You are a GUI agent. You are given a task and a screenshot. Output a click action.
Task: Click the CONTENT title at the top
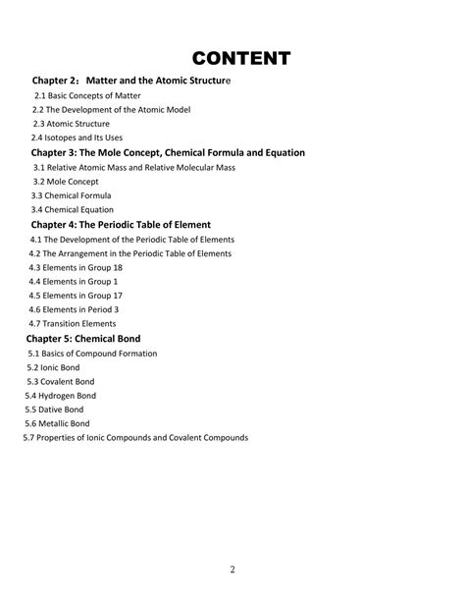coord(240,58)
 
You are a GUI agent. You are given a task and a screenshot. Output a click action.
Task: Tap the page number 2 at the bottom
coord(232,570)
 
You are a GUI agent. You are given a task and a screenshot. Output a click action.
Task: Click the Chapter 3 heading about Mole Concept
coord(168,152)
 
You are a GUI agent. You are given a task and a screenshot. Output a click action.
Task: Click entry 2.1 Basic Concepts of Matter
coord(87,96)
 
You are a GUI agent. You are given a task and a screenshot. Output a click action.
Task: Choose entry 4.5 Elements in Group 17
coord(76,295)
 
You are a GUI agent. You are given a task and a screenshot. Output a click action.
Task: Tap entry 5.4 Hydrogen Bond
coord(61,395)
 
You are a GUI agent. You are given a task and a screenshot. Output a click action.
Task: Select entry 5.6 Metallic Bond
coord(59,423)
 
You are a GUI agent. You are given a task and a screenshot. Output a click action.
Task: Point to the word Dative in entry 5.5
coord(54,410)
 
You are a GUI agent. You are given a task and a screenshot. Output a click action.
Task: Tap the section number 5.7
coord(29,437)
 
